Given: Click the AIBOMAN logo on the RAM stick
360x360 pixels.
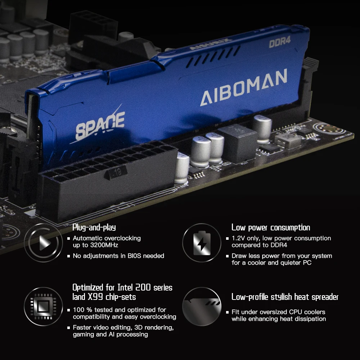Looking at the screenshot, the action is tap(244, 87).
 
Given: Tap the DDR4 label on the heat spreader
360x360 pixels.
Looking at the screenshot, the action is tap(280, 42).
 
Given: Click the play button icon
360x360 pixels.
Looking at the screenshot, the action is tap(44, 243).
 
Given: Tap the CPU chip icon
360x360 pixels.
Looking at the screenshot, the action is tap(44, 306).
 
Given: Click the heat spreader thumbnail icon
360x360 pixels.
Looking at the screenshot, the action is tap(202, 306).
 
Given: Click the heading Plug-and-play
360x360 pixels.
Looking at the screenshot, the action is tap(94, 228).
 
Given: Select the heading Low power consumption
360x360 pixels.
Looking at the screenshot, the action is tap(271, 228).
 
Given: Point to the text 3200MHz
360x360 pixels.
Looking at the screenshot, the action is tap(104, 245).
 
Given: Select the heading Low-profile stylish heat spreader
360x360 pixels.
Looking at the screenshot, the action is tap(285, 297).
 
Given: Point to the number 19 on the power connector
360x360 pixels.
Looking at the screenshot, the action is tap(117, 172).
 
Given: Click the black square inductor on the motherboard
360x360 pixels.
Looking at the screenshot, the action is tap(237, 143).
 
